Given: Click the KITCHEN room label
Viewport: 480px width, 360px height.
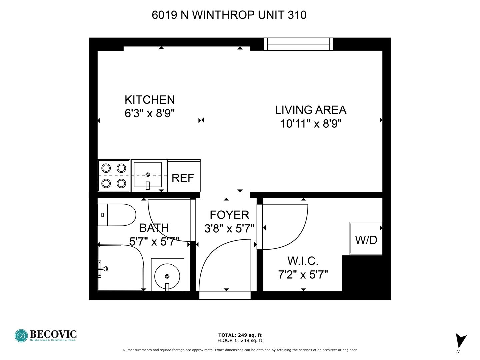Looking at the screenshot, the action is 150,100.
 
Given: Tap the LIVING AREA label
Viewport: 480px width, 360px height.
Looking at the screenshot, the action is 311,110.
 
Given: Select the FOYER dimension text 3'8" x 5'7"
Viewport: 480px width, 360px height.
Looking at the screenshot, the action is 229,229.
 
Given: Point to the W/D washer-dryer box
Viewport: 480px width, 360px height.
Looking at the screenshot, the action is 366,238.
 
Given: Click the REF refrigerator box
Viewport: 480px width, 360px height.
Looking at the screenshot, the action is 184,176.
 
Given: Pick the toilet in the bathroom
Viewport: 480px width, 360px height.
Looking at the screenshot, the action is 117,215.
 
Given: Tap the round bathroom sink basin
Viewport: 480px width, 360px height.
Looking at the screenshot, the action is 167,276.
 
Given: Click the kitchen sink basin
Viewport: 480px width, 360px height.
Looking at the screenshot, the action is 148,174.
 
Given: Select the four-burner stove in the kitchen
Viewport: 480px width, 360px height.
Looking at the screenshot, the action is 114,176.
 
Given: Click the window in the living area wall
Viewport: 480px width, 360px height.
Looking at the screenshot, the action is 298,44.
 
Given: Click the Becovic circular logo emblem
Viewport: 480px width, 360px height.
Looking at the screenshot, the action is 21,336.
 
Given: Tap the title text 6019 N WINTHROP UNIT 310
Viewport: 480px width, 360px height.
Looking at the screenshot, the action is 229,15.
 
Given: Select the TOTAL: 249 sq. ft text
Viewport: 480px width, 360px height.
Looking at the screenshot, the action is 240,335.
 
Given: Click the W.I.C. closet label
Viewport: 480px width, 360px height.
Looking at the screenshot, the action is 303,261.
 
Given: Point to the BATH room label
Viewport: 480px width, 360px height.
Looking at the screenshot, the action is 154,228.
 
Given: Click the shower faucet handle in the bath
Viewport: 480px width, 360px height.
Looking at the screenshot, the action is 103,269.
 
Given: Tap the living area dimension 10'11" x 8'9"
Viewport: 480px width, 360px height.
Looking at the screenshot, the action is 311,124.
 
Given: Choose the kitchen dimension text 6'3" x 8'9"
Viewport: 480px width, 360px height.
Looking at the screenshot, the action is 150,113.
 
